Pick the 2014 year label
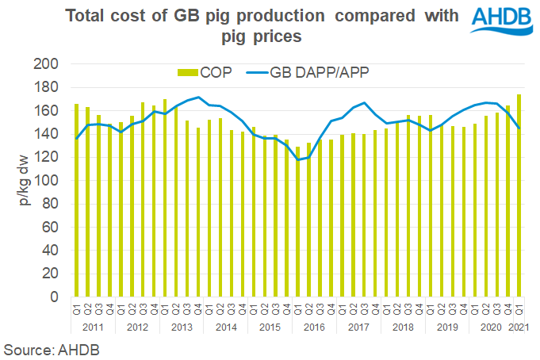[226, 326]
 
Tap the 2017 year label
[358, 326]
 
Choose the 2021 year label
[519, 326]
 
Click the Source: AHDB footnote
[46, 348]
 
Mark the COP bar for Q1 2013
[164, 198]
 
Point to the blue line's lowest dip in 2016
[298, 160]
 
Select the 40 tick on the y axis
[55, 251]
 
